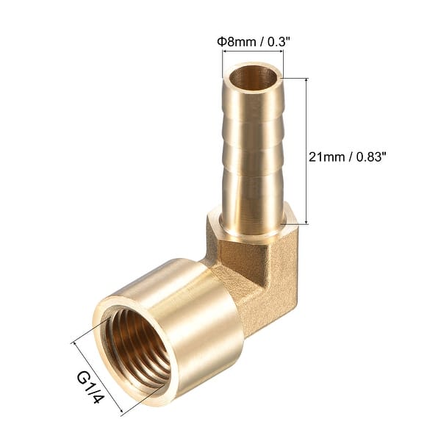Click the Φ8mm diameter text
(234, 42)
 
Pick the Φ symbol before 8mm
(220, 42)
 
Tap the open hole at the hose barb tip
(252, 77)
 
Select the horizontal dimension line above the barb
(252, 52)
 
